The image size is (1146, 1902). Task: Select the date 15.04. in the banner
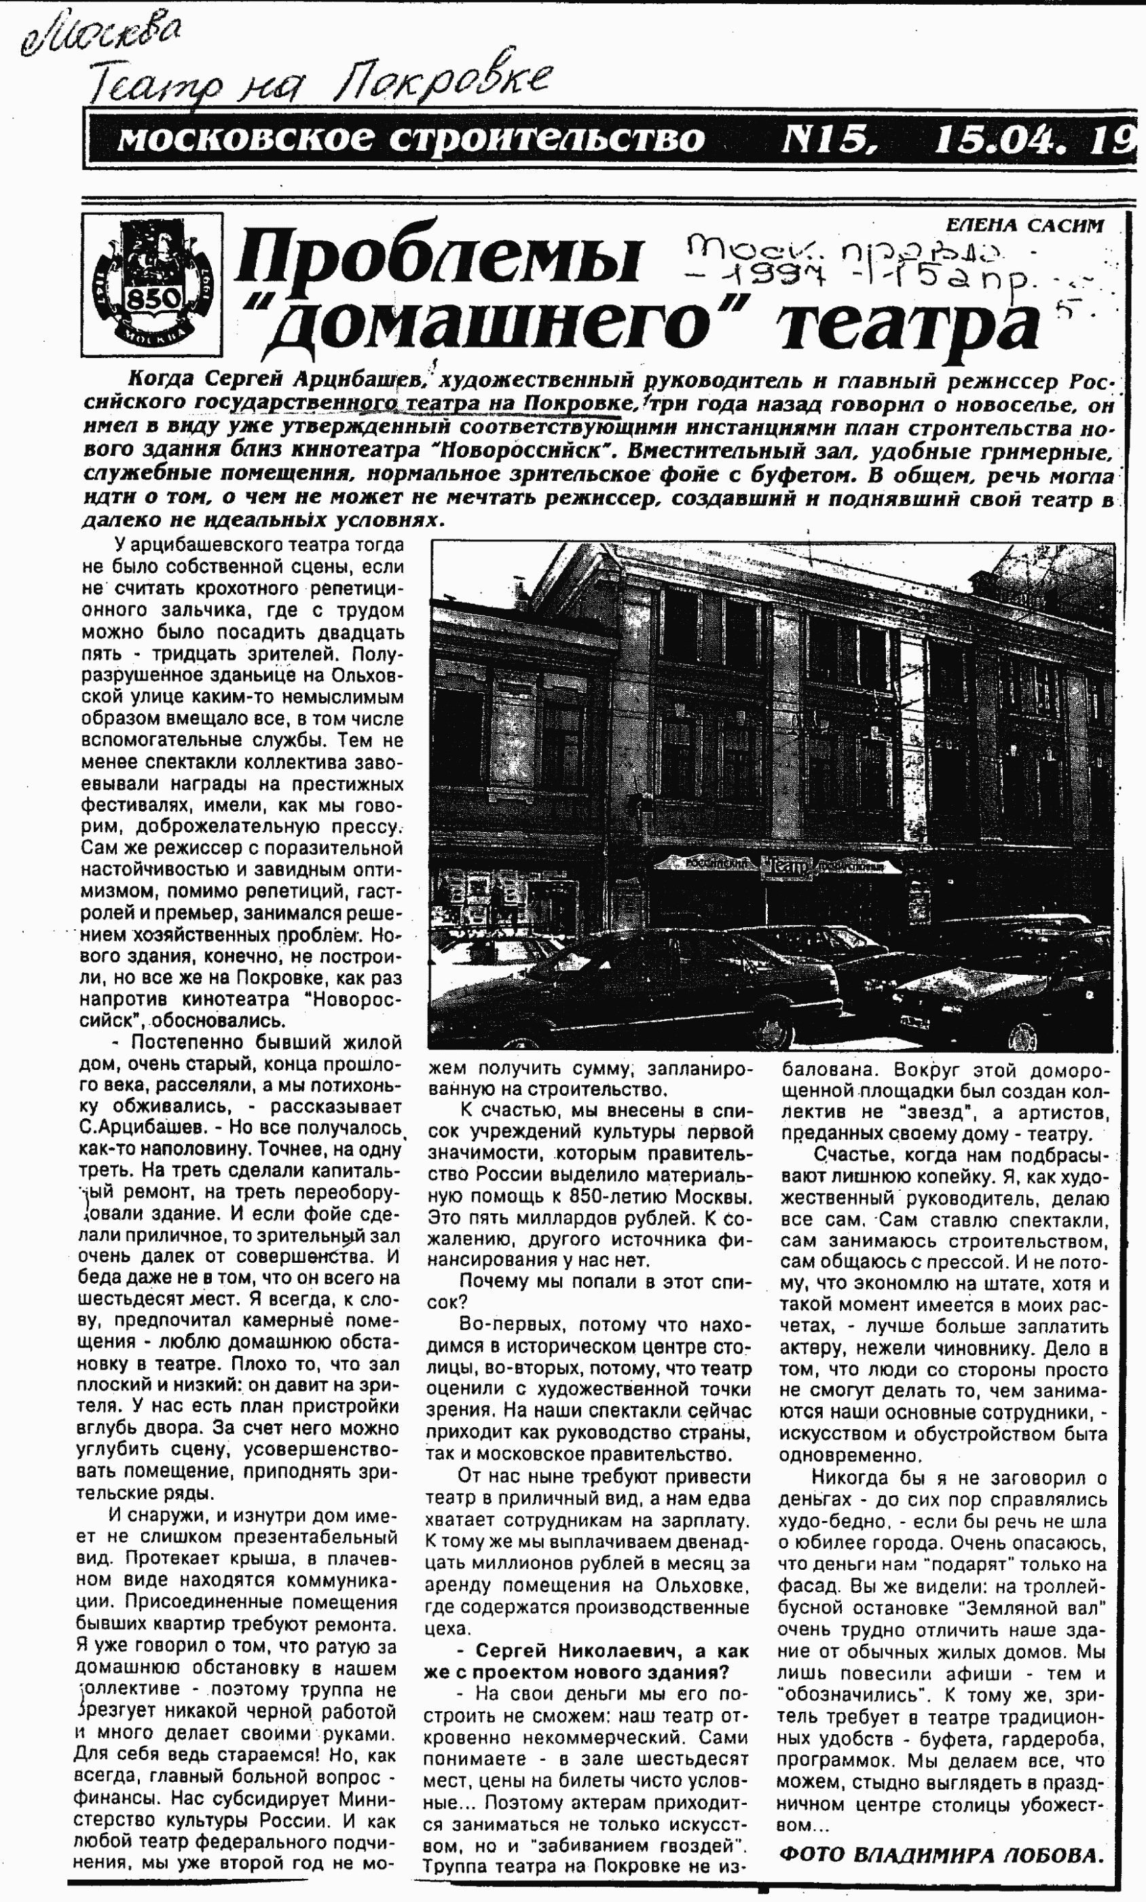point(1003,140)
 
